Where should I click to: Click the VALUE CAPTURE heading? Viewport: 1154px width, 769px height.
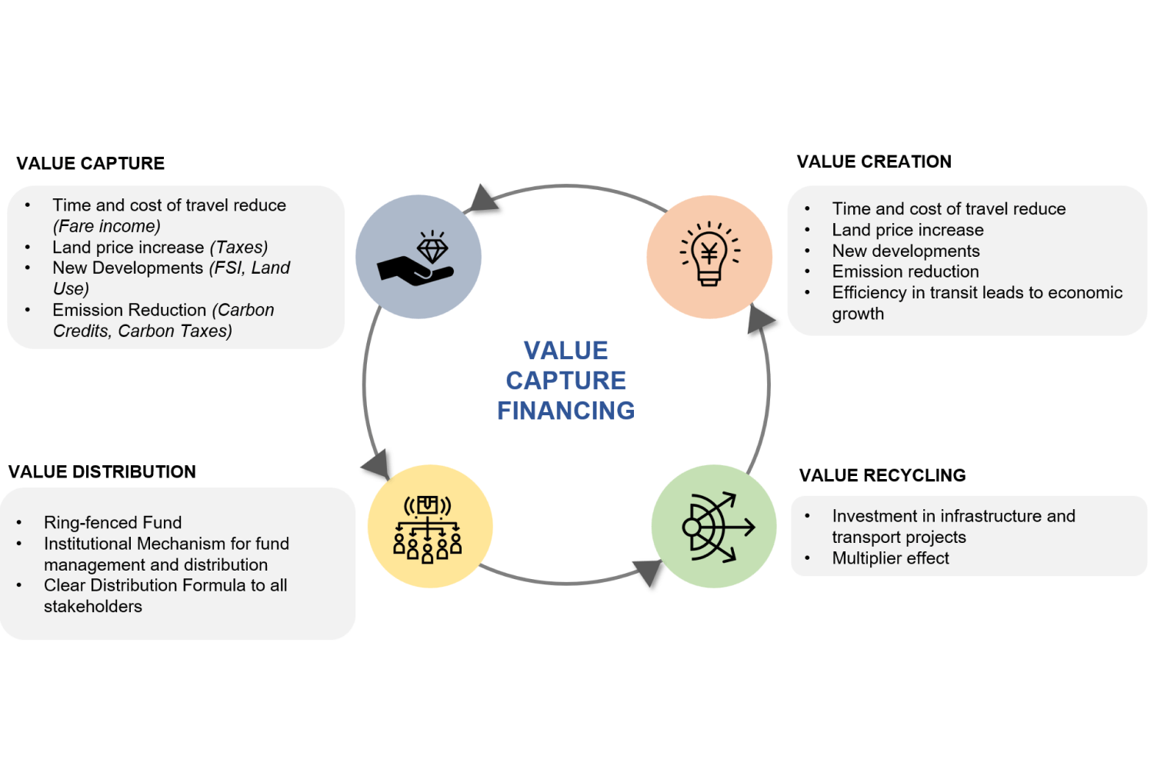pos(91,164)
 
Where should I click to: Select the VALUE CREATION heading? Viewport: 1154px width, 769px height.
pos(874,162)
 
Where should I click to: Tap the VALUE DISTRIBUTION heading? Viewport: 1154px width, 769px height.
pos(102,472)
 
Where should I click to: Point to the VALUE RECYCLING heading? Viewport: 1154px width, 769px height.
pos(882,476)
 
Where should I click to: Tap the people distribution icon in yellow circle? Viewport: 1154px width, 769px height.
pos(429,528)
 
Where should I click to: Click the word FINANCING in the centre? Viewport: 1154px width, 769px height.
pos(566,411)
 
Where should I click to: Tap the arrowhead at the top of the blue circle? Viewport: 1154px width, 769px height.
pos(482,199)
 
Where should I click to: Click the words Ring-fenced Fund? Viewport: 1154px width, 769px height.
pos(113,523)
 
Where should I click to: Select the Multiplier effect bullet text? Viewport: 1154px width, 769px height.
pos(890,558)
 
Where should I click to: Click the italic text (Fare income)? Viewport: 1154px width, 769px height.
pos(107,227)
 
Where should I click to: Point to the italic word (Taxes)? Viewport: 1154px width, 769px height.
pos(238,248)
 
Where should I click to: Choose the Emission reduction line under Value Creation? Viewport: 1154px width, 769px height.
pos(906,272)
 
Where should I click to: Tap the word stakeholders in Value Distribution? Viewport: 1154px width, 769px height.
pos(93,607)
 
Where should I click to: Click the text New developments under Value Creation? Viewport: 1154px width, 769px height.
pos(906,251)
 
